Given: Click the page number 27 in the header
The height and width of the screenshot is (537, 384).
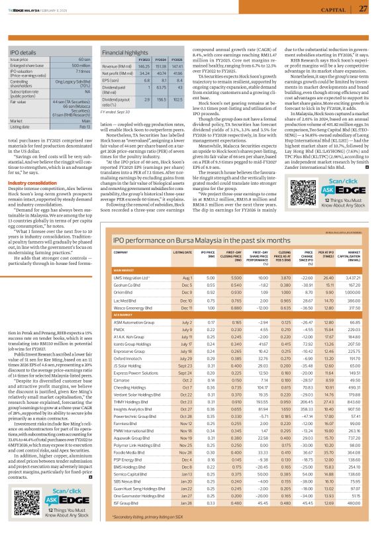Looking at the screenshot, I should (x=363, y=9).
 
